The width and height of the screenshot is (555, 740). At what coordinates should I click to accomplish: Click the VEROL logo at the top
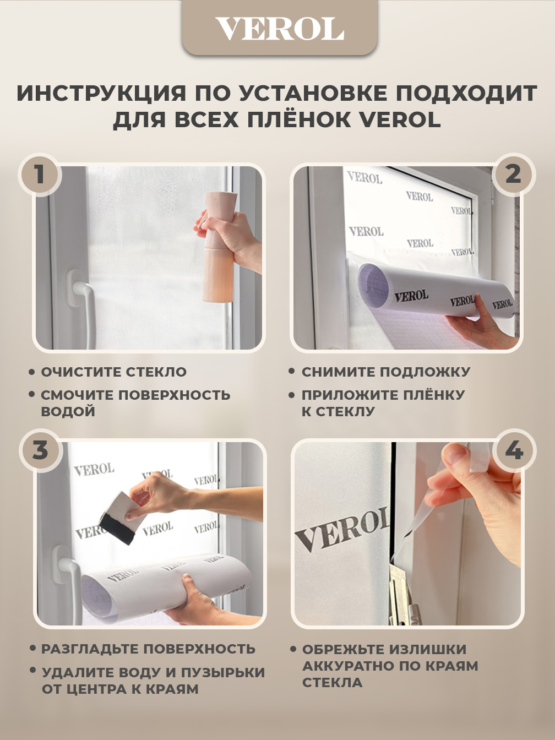(x=280, y=29)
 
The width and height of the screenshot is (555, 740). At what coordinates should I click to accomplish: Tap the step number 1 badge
(x=40, y=175)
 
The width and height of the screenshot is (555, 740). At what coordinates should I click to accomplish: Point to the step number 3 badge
(x=40, y=451)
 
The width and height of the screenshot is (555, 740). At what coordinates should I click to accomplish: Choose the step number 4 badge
(x=514, y=451)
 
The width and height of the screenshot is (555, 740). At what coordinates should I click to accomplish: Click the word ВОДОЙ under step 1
(x=68, y=412)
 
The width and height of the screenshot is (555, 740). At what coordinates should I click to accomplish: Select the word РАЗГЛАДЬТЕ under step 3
(x=89, y=649)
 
